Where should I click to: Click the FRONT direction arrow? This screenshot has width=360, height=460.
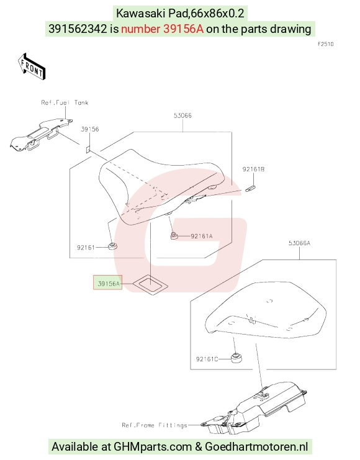pos(32,66)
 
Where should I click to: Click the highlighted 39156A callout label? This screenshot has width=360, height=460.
pos(107,282)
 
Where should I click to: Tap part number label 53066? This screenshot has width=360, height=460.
pos(182,115)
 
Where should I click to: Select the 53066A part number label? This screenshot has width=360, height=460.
pos(299,243)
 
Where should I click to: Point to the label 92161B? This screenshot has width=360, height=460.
pos(253,169)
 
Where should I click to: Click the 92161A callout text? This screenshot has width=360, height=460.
pos(202,236)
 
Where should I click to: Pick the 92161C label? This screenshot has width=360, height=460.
pos(207,359)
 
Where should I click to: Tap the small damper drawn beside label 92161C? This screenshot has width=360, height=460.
pos(236,358)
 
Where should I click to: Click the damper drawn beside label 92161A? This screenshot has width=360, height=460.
pos(174,235)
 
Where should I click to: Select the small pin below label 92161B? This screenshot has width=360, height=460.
pos(251,189)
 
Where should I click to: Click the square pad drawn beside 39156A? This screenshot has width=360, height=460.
pos(150,284)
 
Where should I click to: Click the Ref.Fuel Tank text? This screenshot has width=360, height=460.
pos(65,102)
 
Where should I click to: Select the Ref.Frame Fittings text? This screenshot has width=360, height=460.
pos(155,425)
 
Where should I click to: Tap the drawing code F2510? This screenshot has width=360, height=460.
pos(326,44)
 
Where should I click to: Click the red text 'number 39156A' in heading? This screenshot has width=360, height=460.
pos(162,29)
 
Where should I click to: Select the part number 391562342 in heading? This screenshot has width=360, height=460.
pos(78,29)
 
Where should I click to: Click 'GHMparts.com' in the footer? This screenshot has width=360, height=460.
pos(153,446)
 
